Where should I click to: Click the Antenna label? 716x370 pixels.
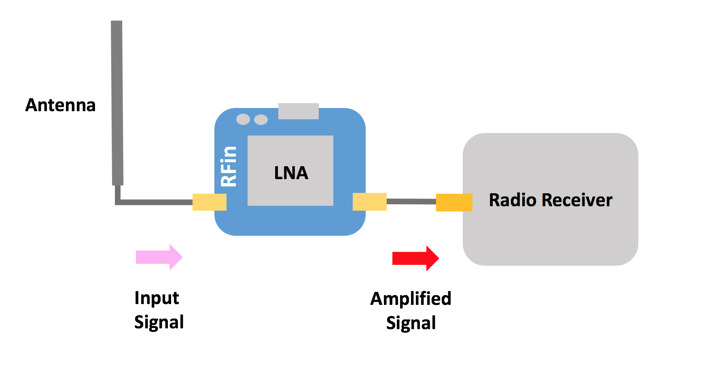(60, 105)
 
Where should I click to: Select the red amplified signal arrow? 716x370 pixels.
(415, 258)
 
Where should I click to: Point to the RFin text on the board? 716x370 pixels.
(229, 166)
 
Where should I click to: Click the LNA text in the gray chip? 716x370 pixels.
(291, 173)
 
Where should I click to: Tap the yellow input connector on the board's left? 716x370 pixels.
(209, 202)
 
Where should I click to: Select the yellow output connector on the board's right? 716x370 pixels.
(369, 202)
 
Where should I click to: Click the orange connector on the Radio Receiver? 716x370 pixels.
(454, 203)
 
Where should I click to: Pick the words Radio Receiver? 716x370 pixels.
(551, 200)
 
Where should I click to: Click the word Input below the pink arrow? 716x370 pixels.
(157, 298)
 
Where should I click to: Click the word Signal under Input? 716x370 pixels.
(159, 322)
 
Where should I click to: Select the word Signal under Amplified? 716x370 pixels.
(411, 323)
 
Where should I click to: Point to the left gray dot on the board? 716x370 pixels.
(243, 119)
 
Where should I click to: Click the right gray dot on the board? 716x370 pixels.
(261, 120)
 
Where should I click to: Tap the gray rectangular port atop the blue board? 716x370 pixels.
(299, 111)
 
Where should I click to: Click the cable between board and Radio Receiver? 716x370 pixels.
(411, 201)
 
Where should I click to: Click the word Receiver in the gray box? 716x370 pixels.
(577, 200)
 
